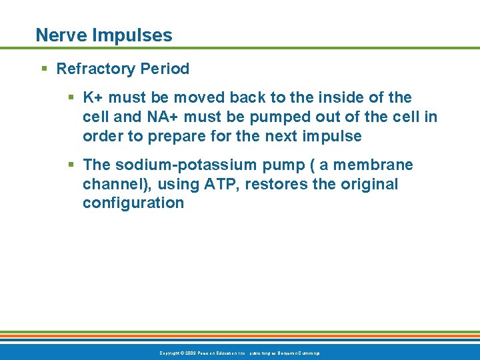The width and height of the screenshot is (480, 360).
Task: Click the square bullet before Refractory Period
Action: [x=44, y=69]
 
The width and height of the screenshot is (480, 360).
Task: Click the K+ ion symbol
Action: [x=93, y=98]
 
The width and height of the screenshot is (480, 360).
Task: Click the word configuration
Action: [x=133, y=203]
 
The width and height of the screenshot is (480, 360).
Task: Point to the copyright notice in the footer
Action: [x=239, y=352]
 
